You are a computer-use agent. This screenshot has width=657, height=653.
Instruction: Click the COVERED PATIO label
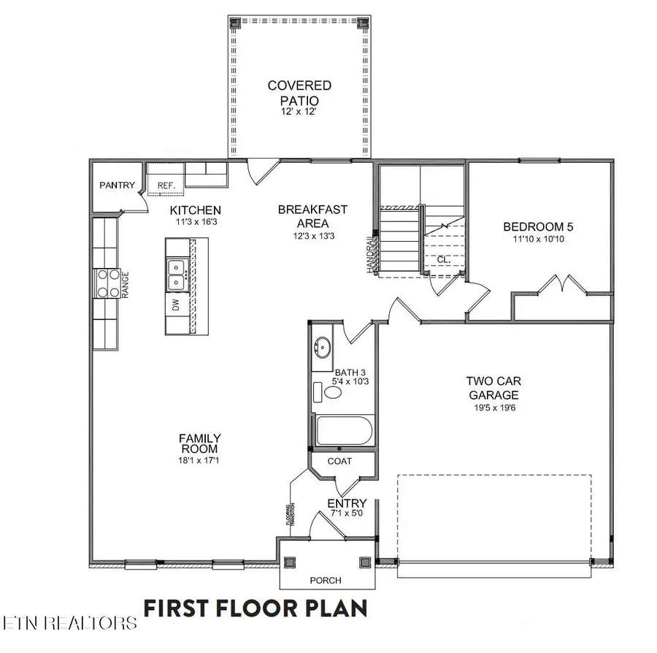pos(299,93)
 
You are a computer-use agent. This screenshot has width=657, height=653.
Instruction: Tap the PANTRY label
pos(117,185)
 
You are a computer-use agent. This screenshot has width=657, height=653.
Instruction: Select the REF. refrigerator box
pos(166,186)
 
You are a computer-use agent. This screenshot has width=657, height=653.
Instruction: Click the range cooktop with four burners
pos(107,283)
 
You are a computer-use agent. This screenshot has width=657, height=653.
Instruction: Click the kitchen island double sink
pos(176,275)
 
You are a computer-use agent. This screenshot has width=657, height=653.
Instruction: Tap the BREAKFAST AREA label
pos(312,215)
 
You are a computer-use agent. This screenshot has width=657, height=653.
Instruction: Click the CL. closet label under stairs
pos(443,259)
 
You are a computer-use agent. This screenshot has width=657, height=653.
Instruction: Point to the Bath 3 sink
pos(322,346)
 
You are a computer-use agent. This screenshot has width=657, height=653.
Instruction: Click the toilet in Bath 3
pos(329,392)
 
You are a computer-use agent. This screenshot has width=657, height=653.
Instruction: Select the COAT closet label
pos(339,461)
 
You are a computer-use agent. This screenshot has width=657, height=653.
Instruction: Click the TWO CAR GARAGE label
pos(494,387)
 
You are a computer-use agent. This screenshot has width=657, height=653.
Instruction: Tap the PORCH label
pos(325,581)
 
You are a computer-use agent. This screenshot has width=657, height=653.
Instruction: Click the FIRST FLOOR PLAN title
pos(255,608)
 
